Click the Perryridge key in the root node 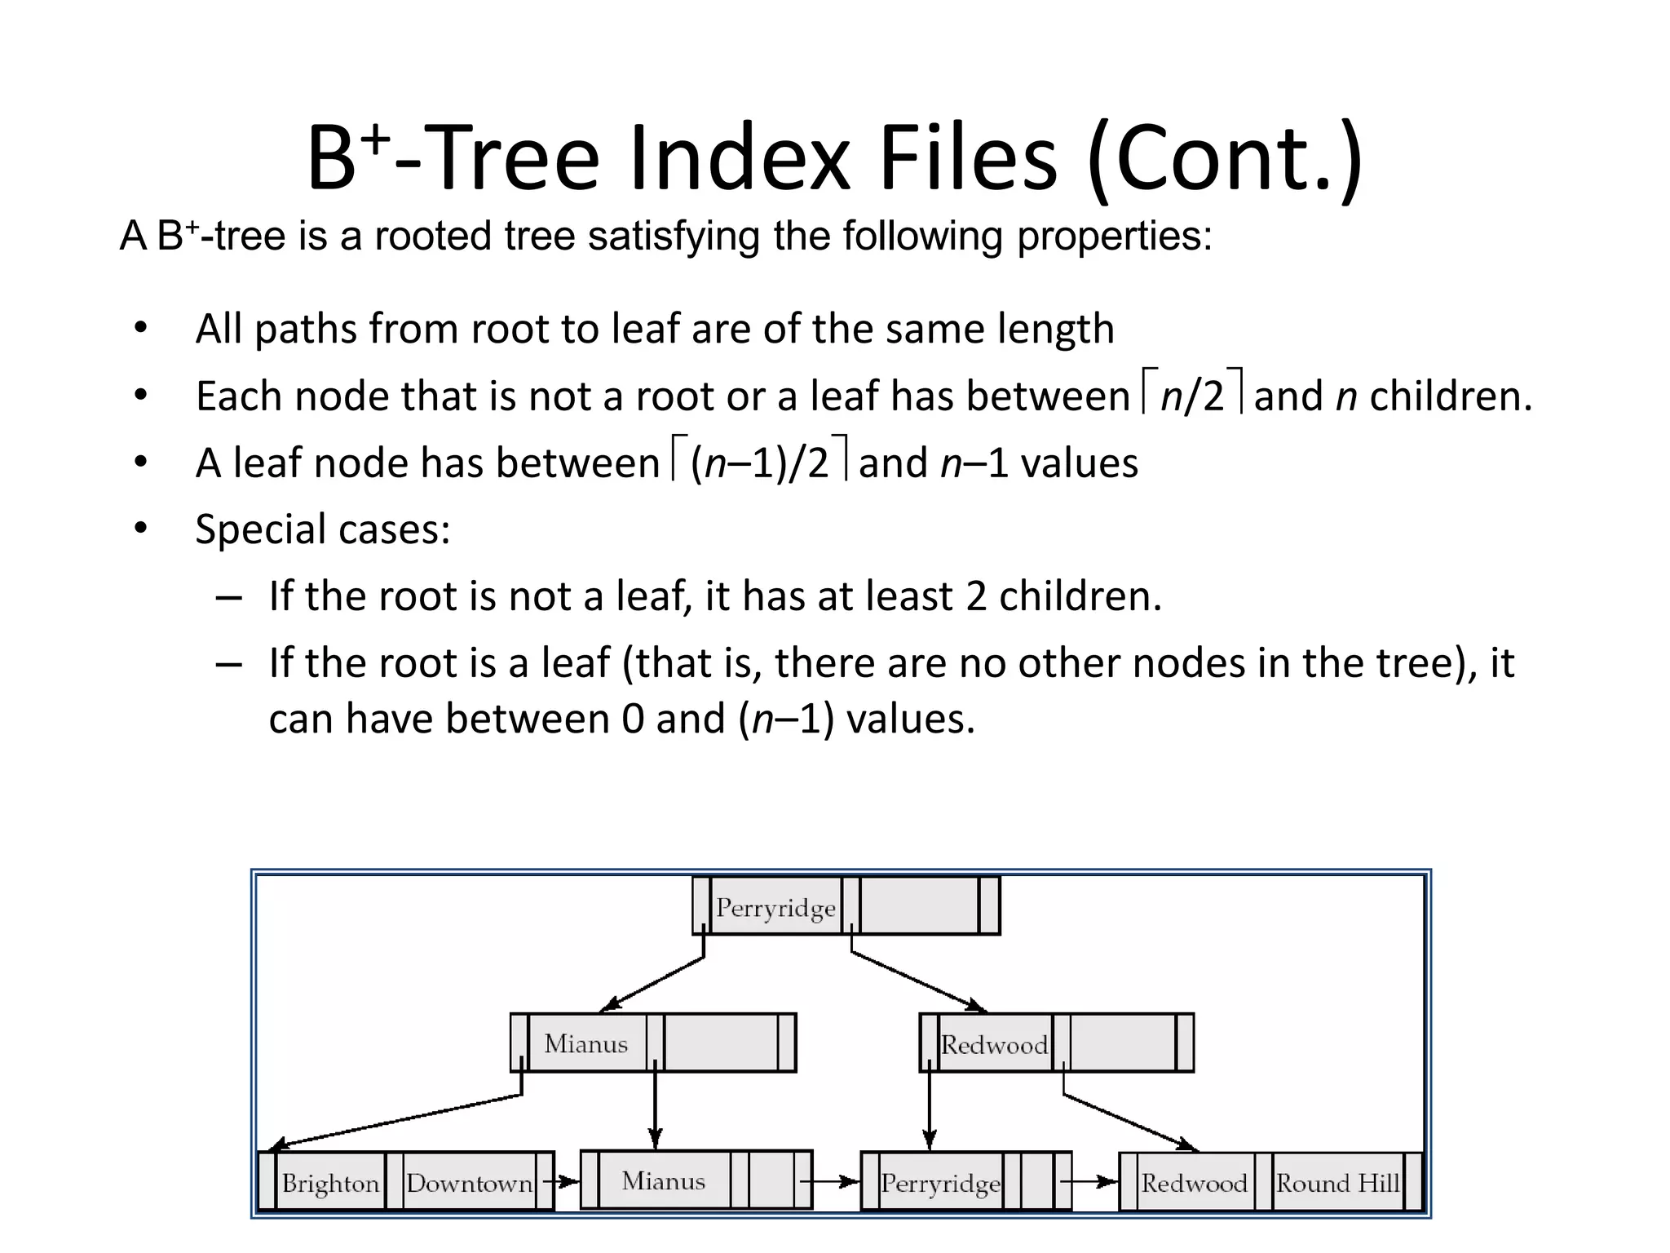pos(775,907)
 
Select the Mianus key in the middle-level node pos(585,1043)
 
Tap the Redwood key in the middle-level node pos(994,1044)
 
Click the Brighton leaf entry pos(330,1183)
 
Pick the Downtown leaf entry pos(469,1183)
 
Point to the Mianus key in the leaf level pos(663,1180)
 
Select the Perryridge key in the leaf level pos(940,1183)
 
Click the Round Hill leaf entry pos(1337,1183)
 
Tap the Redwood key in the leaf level pos(1194,1183)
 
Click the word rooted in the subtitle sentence pos(433,237)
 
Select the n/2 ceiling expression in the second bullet pos(1192,395)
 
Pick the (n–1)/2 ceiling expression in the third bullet pos(759,462)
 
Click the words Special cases pos(323,529)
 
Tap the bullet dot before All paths pos(141,329)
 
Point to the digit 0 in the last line pos(632,719)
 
